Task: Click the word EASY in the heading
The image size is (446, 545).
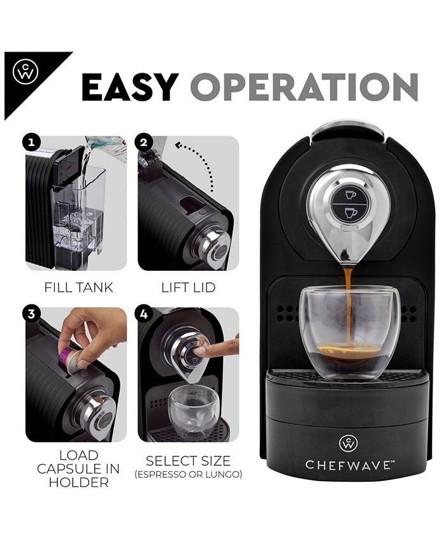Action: click(129, 87)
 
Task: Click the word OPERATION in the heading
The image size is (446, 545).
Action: click(304, 87)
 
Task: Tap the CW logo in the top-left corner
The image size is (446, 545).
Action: click(25, 71)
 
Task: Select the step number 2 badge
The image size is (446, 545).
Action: click(144, 142)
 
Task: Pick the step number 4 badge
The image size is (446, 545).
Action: click(144, 313)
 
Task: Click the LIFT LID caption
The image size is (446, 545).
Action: click(188, 287)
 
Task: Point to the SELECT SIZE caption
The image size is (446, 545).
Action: click(188, 460)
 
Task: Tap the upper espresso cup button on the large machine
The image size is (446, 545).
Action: click(350, 194)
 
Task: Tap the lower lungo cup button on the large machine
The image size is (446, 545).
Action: click(350, 213)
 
